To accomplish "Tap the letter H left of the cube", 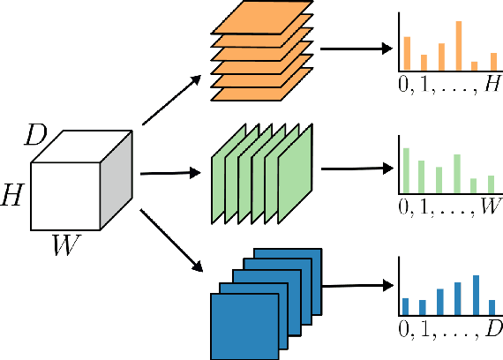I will click(12, 192).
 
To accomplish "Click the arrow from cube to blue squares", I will click(169, 239).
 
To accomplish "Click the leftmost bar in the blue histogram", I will click(406, 306).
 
